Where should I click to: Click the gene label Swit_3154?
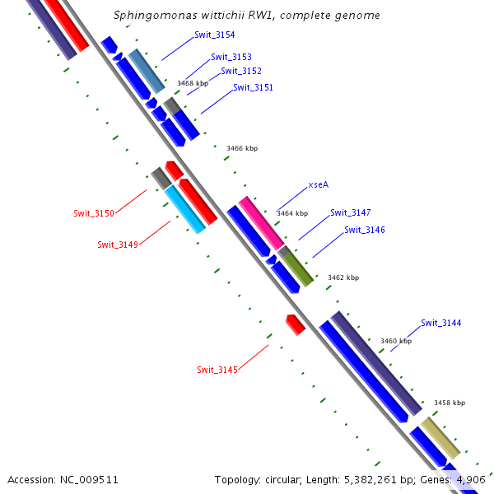click(x=215, y=35)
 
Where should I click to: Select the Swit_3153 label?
click(x=231, y=57)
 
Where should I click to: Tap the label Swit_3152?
click(x=241, y=71)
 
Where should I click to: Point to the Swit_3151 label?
click(x=253, y=87)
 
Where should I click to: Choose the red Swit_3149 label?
click(x=118, y=245)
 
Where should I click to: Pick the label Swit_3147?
click(x=351, y=212)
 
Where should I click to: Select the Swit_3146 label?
click(x=365, y=230)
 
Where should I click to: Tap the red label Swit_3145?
click(x=217, y=370)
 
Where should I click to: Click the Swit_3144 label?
click(x=441, y=323)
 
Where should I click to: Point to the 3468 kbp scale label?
click(x=193, y=83)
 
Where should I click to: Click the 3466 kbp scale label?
click(x=242, y=148)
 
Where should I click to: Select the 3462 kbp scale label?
click(x=343, y=277)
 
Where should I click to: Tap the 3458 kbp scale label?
click(x=450, y=403)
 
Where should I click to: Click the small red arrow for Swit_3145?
click(x=296, y=324)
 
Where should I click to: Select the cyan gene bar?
click(x=185, y=209)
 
